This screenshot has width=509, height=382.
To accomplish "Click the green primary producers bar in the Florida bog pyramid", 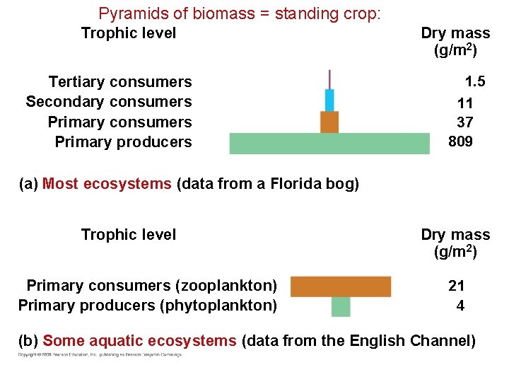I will [x=329, y=143].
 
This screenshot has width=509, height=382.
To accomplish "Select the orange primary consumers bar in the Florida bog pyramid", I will [x=329, y=122].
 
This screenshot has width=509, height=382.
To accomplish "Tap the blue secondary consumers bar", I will [x=329, y=100].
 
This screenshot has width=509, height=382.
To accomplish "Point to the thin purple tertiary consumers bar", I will [x=329, y=79].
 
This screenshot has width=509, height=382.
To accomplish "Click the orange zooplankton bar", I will [x=341, y=286].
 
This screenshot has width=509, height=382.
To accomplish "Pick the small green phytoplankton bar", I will [x=341, y=306].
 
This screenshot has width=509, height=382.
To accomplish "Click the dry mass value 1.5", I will [x=474, y=81].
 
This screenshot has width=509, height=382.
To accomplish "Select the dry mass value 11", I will [x=465, y=103].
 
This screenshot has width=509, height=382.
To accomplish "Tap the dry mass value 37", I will [x=464, y=122].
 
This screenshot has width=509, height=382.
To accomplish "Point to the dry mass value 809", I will [x=461, y=141].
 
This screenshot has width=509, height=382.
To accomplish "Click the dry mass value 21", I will [x=457, y=286].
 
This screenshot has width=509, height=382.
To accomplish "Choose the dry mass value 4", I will [x=460, y=306].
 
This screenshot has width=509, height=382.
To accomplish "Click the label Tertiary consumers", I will [x=120, y=82].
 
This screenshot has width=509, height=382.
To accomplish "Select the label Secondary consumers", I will [x=109, y=102].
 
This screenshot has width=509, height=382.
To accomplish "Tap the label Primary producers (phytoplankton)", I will [x=148, y=306].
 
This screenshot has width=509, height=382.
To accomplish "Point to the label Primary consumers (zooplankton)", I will [x=151, y=286].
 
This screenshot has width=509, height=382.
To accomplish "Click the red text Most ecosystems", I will [x=107, y=185].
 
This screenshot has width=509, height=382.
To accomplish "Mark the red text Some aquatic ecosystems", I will [x=139, y=341].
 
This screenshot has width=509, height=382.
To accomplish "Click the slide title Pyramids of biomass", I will [x=240, y=13].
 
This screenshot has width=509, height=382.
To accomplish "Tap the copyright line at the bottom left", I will [x=100, y=355].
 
